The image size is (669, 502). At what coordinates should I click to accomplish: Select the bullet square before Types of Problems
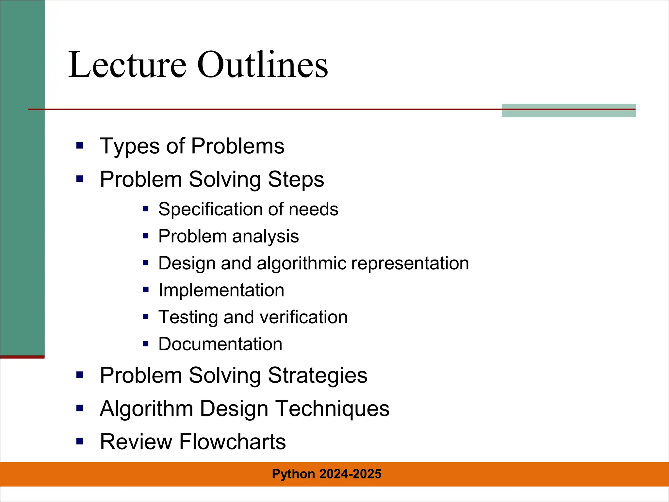(80, 145)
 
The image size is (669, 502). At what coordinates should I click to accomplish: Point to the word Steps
(296, 179)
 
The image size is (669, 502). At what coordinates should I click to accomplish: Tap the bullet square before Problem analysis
(146, 236)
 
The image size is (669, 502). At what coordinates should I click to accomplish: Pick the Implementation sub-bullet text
(221, 290)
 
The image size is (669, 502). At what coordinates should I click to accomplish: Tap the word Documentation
(220, 344)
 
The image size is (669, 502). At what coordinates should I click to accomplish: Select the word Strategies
(318, 376)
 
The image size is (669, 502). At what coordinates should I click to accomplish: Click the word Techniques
(332, 409)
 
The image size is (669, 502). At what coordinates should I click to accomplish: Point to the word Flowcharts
(232, 442)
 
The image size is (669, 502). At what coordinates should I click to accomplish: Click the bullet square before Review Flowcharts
(80, 442)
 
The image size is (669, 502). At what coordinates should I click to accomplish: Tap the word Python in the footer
(293, 474)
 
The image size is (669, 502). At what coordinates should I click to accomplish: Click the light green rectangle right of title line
(568, 110)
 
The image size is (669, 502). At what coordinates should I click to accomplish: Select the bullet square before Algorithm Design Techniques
(80, 408)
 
